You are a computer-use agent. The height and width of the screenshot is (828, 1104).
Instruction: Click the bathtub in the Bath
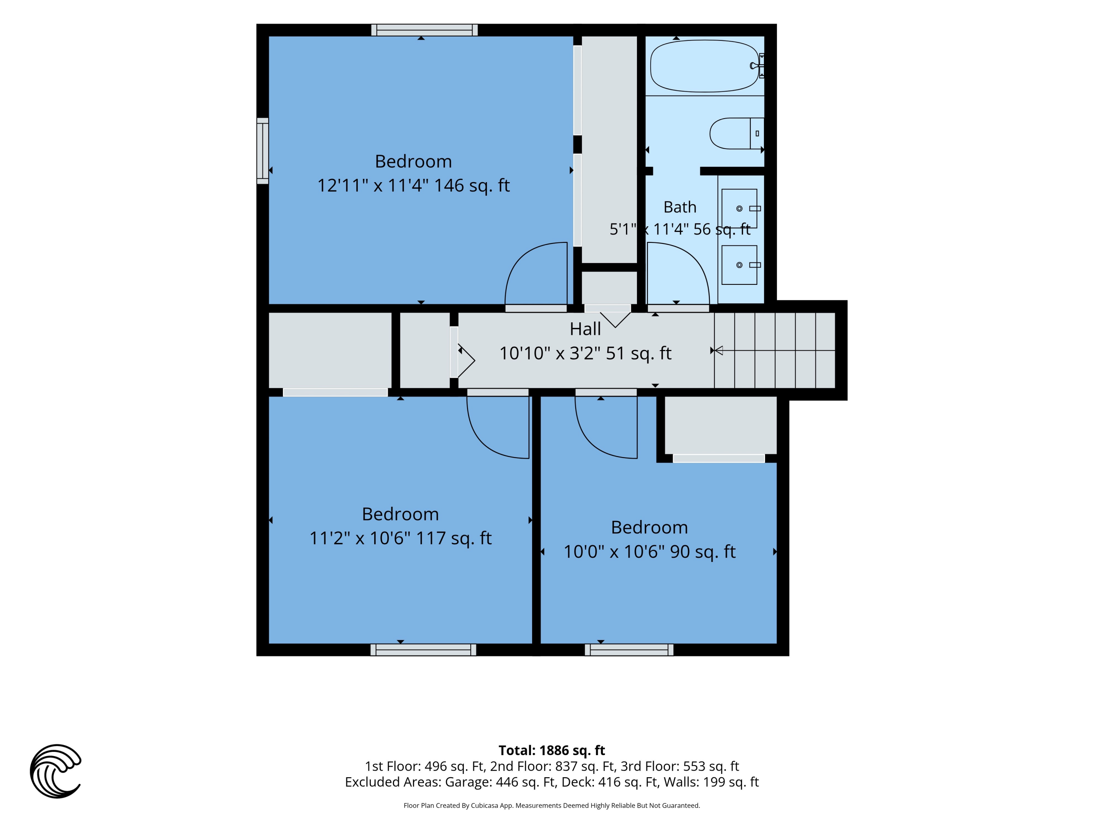[x=704, y=66]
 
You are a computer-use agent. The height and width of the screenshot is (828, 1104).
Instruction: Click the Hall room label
[x=585, y=329]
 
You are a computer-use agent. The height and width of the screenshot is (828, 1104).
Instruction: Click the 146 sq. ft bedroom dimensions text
[x=413, y=185]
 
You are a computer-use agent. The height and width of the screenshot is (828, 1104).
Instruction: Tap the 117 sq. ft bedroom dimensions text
[x=400, y=538]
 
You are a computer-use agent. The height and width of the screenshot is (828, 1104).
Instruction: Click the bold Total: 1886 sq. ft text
[x=552, y=750]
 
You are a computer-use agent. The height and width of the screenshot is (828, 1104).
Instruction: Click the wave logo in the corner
[x=56, y=771]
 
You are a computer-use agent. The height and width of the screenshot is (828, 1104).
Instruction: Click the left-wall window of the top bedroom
[x=262, y=151]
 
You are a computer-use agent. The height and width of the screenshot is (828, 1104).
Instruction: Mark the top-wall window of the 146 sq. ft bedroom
[x=424, y=30]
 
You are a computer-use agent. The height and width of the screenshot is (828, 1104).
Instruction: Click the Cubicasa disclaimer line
[x=552, y=805]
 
